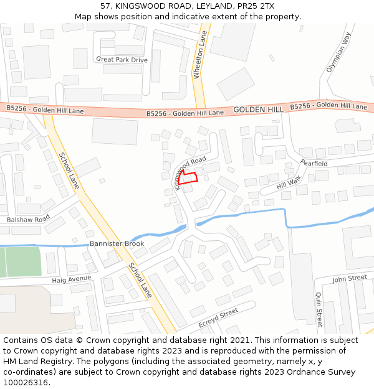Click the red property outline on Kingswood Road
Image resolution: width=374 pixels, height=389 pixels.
pos(189,177)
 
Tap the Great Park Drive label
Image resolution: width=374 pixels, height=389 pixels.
pos(122,60)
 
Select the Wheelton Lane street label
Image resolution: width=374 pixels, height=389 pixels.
pos(199,55)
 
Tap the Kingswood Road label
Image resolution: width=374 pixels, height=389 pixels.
pos(189,164)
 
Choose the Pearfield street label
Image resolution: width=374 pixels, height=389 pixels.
pos(314,164)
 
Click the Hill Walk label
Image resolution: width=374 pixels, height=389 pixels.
pos(289,182)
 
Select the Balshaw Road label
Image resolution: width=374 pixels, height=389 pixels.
pos(28,220)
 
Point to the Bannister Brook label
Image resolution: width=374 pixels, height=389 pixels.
pos(117,243)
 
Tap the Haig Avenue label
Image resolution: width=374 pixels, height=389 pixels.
pos(71,279)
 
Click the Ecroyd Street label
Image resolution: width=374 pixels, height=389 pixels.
pos(218,318)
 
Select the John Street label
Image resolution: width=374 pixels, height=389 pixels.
pos(349,278)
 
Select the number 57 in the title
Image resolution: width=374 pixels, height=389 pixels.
pos(106,6)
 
